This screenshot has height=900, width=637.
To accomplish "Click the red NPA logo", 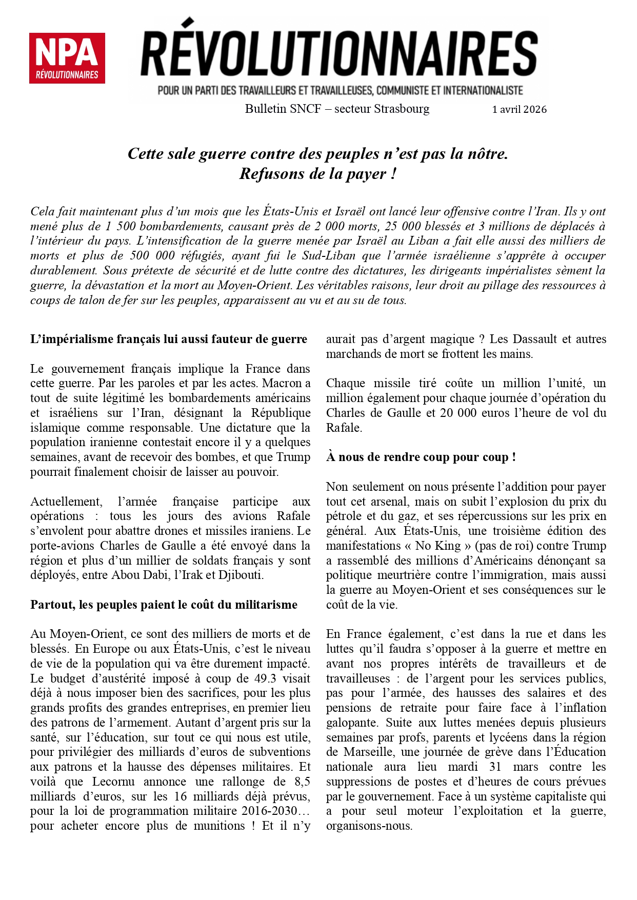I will tap(67, 58).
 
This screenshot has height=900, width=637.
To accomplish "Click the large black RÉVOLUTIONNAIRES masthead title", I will tap(339, 53).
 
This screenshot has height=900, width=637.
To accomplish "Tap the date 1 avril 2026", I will tap(519, 109).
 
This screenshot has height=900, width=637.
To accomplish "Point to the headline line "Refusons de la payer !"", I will tap(318, 174).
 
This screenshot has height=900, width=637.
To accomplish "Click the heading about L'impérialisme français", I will tap(169, 339).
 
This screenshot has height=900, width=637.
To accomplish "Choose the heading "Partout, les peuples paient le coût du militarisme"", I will tap(164, 605).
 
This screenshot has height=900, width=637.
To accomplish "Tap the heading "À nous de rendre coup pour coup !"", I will tap(421, 457).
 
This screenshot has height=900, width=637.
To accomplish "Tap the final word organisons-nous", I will tap(369, 826).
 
